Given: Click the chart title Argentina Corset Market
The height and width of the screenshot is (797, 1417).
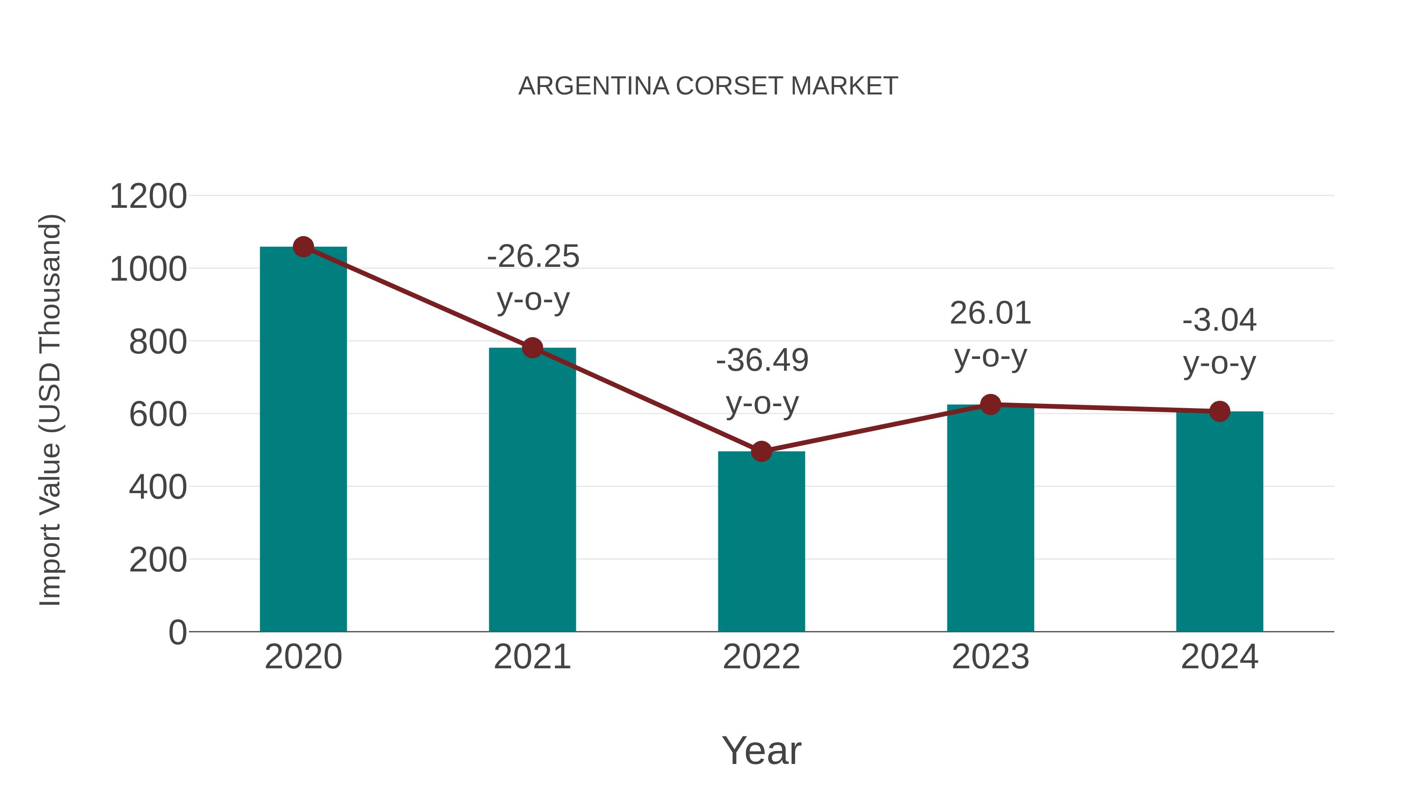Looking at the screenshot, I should pos(708,86).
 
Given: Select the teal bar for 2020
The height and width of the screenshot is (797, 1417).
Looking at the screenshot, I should pos(303,440).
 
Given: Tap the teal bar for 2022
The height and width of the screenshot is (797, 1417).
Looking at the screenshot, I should pos(761,542).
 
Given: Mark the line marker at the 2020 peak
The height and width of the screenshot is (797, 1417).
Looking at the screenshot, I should pos(303,247).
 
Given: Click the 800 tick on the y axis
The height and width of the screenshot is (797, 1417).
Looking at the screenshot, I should pos(158,342).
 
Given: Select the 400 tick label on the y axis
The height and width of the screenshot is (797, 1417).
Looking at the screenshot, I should pos(158,487).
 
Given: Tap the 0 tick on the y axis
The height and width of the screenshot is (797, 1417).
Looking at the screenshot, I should pos(177,632).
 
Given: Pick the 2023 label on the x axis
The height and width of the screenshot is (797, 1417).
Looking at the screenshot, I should pos(990,657).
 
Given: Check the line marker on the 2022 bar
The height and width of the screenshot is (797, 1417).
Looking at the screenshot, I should pos(761,451).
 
